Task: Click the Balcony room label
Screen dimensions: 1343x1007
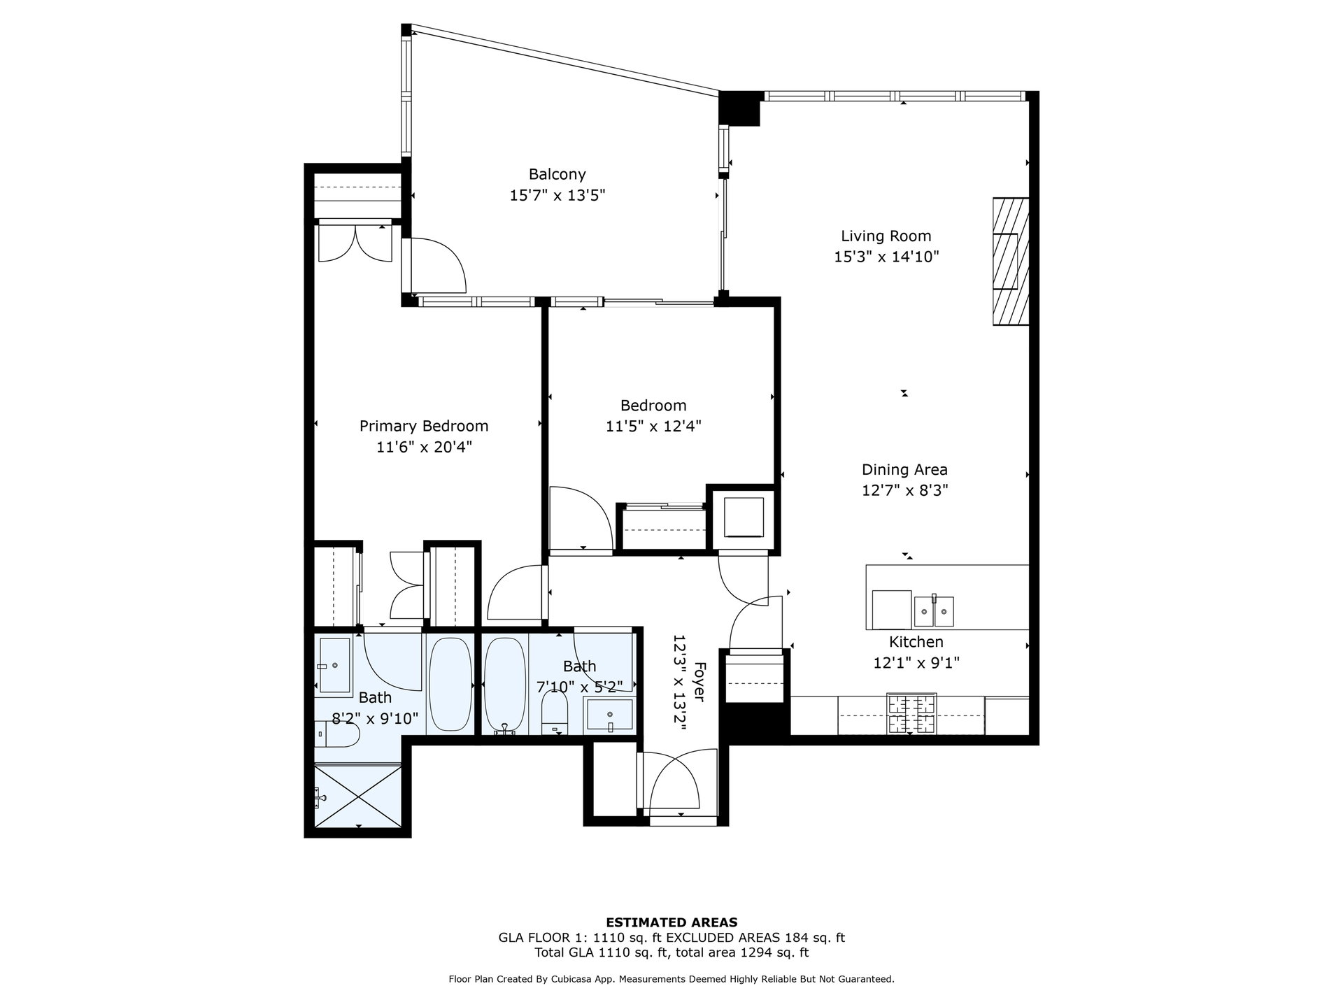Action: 557,174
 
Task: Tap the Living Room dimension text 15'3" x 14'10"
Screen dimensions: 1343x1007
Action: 886,257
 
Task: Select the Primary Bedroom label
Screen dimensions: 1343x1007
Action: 424,426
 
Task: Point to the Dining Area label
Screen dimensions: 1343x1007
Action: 904,470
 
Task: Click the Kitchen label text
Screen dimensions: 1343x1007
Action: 916,642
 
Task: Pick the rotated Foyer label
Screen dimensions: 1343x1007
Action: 698,682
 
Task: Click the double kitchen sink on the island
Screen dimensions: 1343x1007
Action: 934,611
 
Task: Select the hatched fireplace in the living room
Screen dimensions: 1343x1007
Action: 1011,262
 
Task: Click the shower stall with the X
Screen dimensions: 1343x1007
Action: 358,797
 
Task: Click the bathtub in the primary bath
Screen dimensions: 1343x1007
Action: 450,685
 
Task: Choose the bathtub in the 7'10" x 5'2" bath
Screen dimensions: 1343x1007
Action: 504,685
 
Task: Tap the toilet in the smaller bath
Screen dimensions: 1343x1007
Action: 555,715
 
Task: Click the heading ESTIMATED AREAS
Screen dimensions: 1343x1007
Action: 671,922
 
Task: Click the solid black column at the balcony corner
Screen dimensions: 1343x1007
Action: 740,108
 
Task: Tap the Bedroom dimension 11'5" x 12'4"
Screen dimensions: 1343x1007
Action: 653,426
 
